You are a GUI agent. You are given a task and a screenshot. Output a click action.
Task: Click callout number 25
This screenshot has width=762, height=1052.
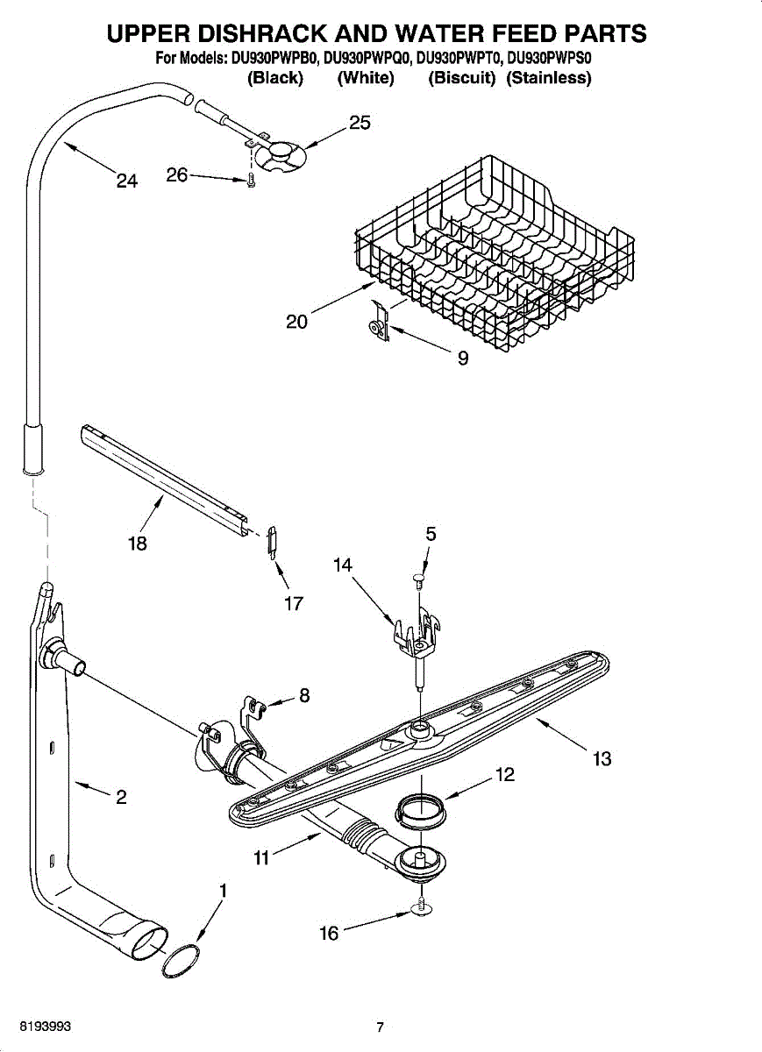(360, 123)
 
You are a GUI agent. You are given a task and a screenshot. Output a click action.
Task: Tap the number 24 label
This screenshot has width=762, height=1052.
(127, 181)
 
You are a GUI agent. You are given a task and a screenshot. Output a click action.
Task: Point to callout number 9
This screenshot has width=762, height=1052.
(463, 358)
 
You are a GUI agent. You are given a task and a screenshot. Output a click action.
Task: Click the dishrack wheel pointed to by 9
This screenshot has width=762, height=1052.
(375, 328)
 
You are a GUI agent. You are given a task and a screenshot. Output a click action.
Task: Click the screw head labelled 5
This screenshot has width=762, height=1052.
(419, 579)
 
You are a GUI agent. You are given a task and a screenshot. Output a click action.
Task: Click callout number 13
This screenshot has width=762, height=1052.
(602, 759)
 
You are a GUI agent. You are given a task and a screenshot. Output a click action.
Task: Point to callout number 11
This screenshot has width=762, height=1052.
(261, 858)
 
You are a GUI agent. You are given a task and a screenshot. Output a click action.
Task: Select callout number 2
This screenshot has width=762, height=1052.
(121, 797)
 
